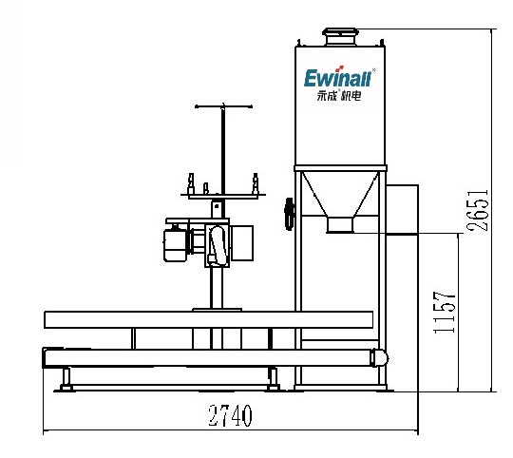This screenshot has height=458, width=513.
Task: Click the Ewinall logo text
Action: point(337,79)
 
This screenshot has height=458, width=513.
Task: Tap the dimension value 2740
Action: point(231,415)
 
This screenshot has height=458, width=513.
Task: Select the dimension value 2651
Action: point(478,210)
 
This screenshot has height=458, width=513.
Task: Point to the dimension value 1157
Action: point(445,313)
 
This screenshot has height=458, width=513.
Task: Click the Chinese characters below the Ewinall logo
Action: point(339,96)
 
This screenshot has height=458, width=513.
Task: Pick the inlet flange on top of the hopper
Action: point(340,36)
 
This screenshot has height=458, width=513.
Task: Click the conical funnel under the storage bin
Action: point(340,195)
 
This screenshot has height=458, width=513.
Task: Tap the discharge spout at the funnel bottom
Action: point(340,225)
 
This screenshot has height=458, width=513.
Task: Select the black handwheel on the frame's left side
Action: point(289,214)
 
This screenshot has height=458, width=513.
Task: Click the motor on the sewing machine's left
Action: point(175,244)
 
